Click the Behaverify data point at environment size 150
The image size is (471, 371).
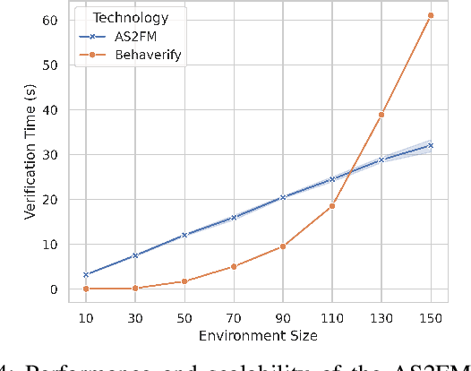tap(431, 15)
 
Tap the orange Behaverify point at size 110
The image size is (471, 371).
tap(332, 206)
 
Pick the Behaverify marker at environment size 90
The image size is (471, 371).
tap(283, 246)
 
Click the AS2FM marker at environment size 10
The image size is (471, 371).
tap(85, 274)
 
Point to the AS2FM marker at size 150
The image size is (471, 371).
tap(431, 145)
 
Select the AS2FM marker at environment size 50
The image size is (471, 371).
tap(184, 235)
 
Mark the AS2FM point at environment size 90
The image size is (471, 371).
tap(283, 197)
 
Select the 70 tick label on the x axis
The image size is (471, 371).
tap(234, 318)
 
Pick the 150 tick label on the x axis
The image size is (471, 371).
tap(431, 318)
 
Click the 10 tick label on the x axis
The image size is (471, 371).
tap(85, 318)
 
